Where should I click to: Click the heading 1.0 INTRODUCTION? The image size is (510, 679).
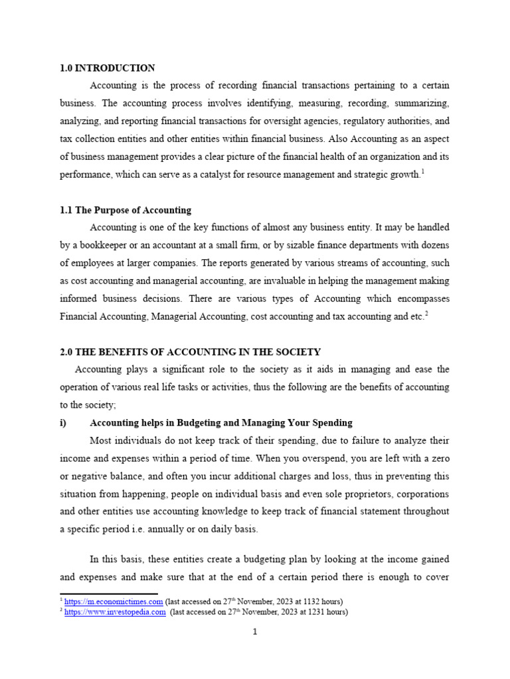(x=108, y=68)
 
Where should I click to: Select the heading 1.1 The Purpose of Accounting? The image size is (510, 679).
(x=126, y=210)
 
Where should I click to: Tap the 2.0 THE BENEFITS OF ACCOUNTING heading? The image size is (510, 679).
(x=191, y=352)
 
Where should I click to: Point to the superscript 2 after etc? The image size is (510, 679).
(x=426, y=314)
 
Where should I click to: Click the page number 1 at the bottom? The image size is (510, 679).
(x=254, y=632)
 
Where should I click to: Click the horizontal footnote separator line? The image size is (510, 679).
(x=109, y=594)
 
